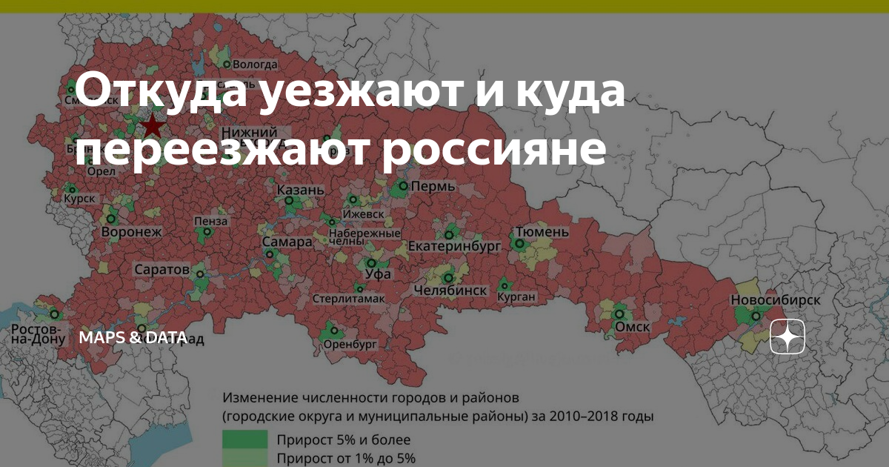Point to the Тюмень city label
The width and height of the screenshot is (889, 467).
pyautogui.click(x=542, y=232)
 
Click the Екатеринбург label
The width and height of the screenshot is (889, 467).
pyautogui.click(x=454, y=247)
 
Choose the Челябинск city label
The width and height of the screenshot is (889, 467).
pyautogui.click(x=450, y=291)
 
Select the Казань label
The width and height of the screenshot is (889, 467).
pyautogui.click(x=300, y=191)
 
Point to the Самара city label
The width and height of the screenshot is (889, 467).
pyautogui.click(x=287, y=242)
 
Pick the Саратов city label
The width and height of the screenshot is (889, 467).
pyautogui.click(x=162, y=269)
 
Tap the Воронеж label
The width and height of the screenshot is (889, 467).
pyautogui.click(x=131, y=232)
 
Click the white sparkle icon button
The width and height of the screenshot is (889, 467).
pyautogui.click(x=788, y=338)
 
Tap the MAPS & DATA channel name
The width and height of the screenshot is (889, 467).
pyautogui.click(x=133, y=338)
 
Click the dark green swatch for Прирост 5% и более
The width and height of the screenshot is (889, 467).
pyautogui.click(x=244, y=438)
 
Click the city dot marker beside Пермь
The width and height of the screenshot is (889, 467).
pyautogui.click(x=403, y=185)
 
